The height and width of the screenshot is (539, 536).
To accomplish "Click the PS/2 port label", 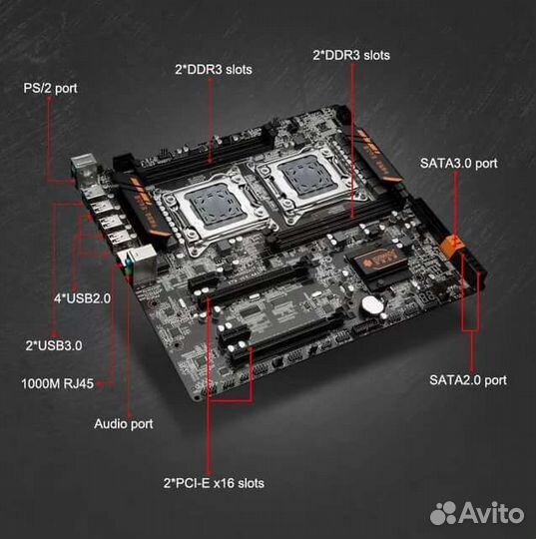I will point(50,88).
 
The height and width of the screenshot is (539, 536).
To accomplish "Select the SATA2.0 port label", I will point(467,379).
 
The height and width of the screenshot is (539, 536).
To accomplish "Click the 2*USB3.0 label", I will point(53,345).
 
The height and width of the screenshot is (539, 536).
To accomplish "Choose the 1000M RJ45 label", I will point(58,383).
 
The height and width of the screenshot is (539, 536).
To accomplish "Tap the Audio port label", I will point(123,423).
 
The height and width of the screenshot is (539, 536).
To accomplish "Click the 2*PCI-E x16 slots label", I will point(216,483).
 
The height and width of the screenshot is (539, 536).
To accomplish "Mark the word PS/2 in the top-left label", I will point(38,88).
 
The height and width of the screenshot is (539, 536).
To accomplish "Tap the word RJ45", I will point(76,383).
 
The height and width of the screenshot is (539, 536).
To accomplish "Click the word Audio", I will point(111,423).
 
